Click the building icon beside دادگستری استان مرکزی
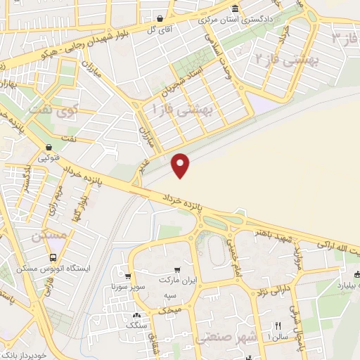(x=235, y=9)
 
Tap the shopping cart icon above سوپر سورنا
(x=127, y=276)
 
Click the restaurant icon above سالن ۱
(x=278, y=326)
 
